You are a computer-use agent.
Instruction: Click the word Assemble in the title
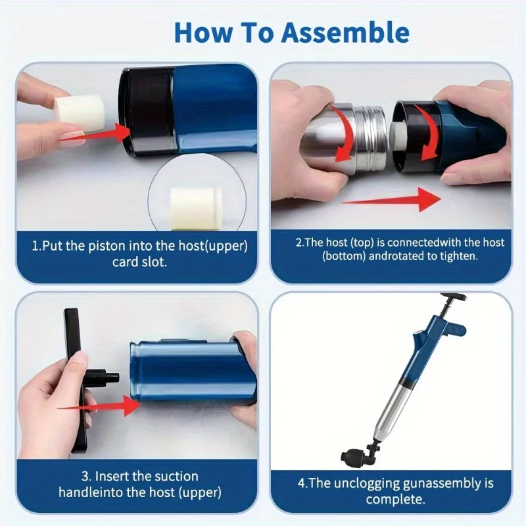pos(345,32)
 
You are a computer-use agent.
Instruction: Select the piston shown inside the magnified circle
pos(195,208)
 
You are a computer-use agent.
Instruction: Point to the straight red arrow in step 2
pos(391,200)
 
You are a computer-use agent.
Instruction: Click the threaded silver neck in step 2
pos(371,139)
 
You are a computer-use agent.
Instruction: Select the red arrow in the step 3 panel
pos(99,406)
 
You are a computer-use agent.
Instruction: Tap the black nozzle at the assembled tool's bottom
pos(354,455)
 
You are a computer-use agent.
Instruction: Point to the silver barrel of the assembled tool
pos(393,410)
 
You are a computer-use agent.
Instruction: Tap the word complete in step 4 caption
pos(396,499)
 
